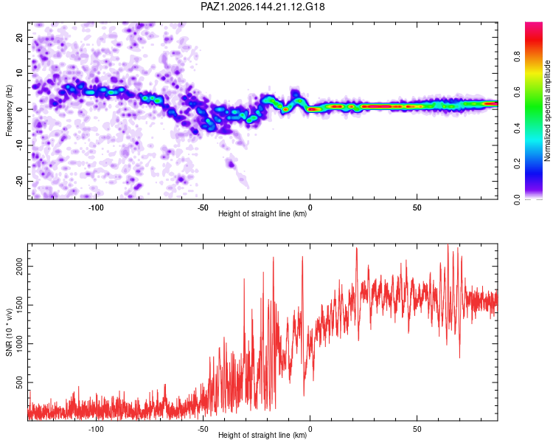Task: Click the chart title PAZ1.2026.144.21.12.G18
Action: [x=262, y=7]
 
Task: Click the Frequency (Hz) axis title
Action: [x=9, y=111]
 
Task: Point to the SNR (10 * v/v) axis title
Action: [x=9, y=332]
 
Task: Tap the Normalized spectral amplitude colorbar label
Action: [x=547, y=111]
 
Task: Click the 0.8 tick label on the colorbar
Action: [x=517, y=57]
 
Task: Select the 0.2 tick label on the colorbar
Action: [x=517, y=164]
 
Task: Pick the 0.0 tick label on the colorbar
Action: [x=517, y=199]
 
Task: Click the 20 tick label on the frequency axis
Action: [x=20, y=37]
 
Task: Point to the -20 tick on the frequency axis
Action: [x=20, y=181]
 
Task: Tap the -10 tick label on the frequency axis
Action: [x=20, y=145]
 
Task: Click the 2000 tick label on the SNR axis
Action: [x=20, y=267]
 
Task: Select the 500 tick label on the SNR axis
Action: [x=20, y=382]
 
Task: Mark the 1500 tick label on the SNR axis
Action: [x=20, y=305]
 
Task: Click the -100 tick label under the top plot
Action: [x=96, y=207]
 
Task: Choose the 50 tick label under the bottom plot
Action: [x=417, y=429]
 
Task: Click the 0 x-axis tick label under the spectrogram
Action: [x=310, y=207]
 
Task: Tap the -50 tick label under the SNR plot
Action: [x=203, y=429]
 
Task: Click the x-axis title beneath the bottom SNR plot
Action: [x=262, y=435]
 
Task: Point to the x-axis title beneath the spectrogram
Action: [x=262, y=213]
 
